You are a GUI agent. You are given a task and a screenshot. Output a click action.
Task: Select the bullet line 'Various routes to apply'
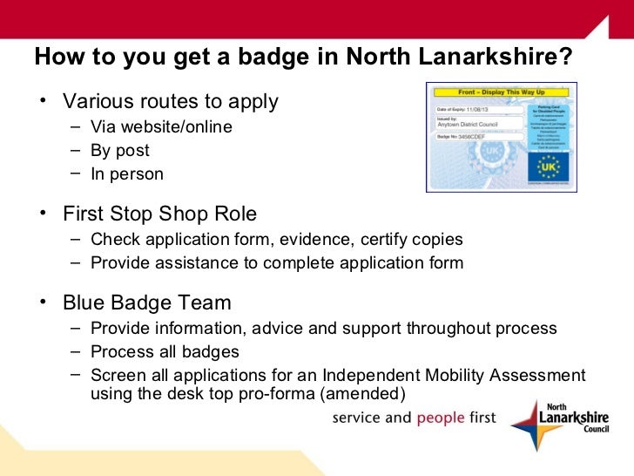tap(170, 101)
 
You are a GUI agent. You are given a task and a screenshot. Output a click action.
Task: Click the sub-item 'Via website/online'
tap(161, 127)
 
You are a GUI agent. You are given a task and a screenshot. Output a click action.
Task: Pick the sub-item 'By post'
tap(120, 151)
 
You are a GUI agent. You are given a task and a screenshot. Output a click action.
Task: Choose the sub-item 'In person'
tap(127, 174)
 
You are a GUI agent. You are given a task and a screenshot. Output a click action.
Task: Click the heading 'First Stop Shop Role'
tap(159, 214)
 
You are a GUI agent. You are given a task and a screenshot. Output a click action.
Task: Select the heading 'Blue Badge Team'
tap(147, 303)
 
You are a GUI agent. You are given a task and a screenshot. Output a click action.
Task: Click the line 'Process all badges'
tap(165, 352)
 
